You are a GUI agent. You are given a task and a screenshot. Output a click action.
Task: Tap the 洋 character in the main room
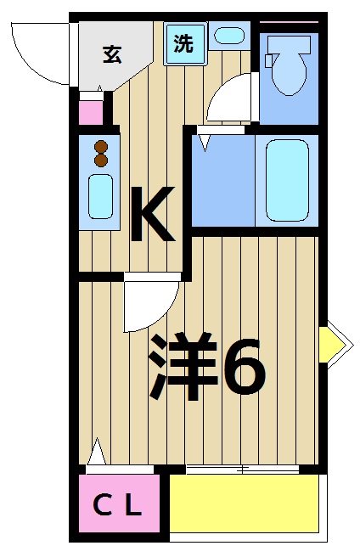[x=182, y=367]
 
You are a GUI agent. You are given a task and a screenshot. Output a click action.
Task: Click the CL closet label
[x=118, y=507]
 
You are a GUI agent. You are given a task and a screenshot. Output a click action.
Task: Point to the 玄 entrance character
[x=111, y=53]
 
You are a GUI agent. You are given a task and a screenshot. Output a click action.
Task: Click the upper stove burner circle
[x=100, y=145]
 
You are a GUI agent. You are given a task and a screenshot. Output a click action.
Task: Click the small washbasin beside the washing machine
[x=228, y=36]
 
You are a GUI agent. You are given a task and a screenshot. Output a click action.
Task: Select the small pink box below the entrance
[x=90, y=112]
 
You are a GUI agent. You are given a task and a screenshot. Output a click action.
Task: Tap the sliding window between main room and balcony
[x=242, y=469]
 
